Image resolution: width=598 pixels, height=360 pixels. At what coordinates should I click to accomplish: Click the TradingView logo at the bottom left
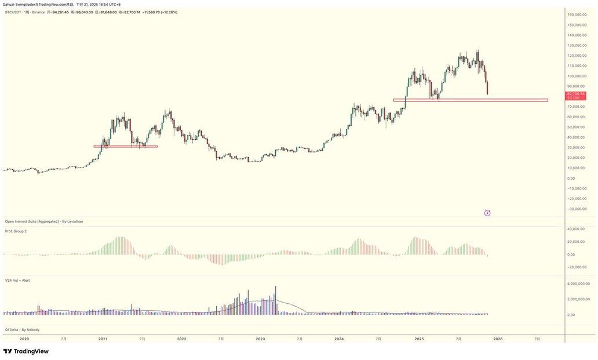[26, 351]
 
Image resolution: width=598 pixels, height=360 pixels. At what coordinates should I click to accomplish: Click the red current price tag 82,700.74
[576, 94]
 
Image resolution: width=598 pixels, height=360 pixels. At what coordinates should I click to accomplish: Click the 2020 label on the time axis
[24, 339]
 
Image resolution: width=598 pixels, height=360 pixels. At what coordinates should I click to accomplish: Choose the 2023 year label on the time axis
[260, 339]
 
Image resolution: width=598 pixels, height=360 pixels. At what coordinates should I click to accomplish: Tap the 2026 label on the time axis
[498, 339]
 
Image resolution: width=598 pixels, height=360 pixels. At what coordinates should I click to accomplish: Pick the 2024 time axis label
[339, 339]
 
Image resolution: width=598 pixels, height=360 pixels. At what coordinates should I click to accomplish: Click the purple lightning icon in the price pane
[487, 213]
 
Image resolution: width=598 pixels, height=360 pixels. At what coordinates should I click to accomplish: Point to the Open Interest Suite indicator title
[44, 221]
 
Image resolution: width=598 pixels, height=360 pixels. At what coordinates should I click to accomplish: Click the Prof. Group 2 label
[16, 231]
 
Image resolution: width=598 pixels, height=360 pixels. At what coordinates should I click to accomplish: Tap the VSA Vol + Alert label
[17, 281]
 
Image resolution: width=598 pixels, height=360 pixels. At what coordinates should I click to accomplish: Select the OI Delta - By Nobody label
[22, 330]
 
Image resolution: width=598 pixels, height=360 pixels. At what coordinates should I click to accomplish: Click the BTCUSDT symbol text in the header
[14, 12]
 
